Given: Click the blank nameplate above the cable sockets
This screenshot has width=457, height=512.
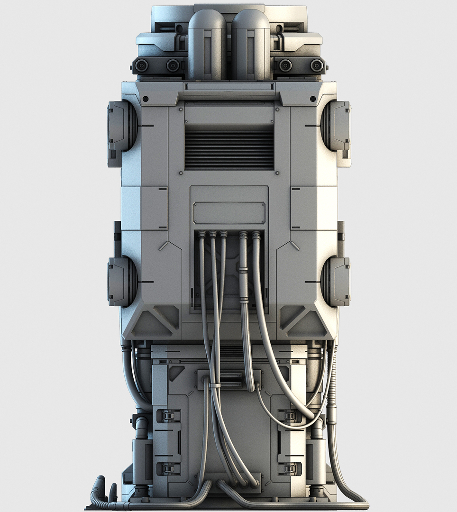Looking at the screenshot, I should coord(229,213).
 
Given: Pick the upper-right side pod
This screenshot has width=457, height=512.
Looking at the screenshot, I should coord(337,126).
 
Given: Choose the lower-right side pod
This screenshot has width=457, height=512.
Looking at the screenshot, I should coord(337,281).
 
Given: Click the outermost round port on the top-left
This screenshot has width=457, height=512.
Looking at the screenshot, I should coord(141,65).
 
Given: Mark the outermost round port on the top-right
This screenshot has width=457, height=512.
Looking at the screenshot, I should coord(316,65).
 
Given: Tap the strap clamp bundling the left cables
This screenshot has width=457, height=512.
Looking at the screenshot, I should coord(215,385).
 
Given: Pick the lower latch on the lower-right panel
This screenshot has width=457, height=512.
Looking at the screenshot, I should coord(289,469).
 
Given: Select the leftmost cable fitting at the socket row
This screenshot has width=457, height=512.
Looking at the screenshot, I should coord(202,235).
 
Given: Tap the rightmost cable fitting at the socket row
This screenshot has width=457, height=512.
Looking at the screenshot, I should coord(256,235).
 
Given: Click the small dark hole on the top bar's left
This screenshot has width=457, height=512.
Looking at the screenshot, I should coord(146,99).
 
